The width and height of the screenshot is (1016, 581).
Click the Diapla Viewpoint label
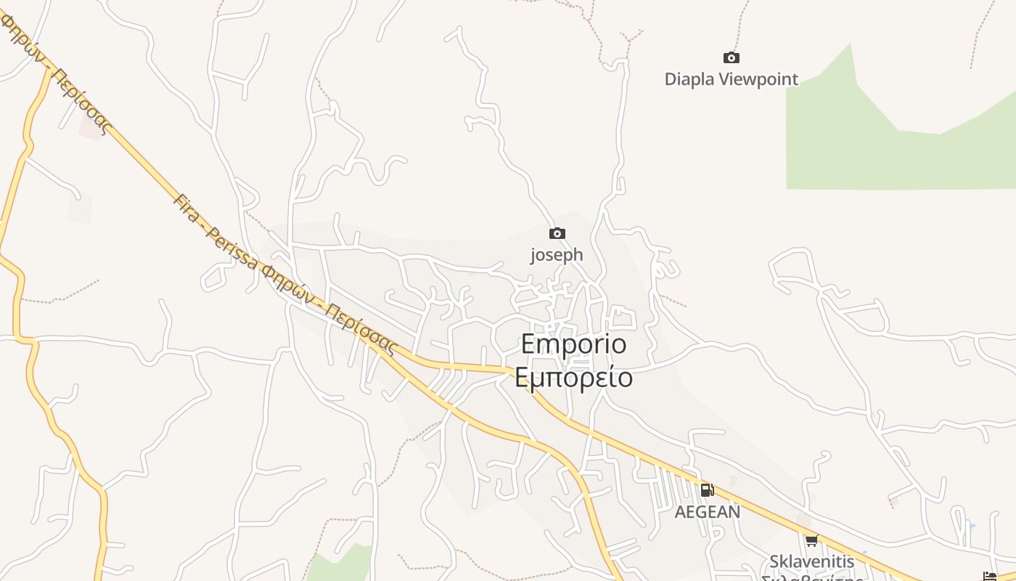(731, 79)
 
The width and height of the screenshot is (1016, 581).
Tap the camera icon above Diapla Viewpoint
(731, 57)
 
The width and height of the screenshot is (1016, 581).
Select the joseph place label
(557, 255)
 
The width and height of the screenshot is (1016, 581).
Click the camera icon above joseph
(557, 233)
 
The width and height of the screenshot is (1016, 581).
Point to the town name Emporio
(573, 344)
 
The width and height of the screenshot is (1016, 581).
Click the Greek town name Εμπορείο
(573, 378)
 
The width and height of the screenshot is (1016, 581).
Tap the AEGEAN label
(708, 512)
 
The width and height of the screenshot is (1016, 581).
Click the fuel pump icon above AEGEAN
(707, 490)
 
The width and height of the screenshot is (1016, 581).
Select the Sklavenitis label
(811, 561)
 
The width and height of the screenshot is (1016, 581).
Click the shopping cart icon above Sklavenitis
(811, 540)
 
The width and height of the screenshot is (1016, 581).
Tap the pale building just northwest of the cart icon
(803, 521)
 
